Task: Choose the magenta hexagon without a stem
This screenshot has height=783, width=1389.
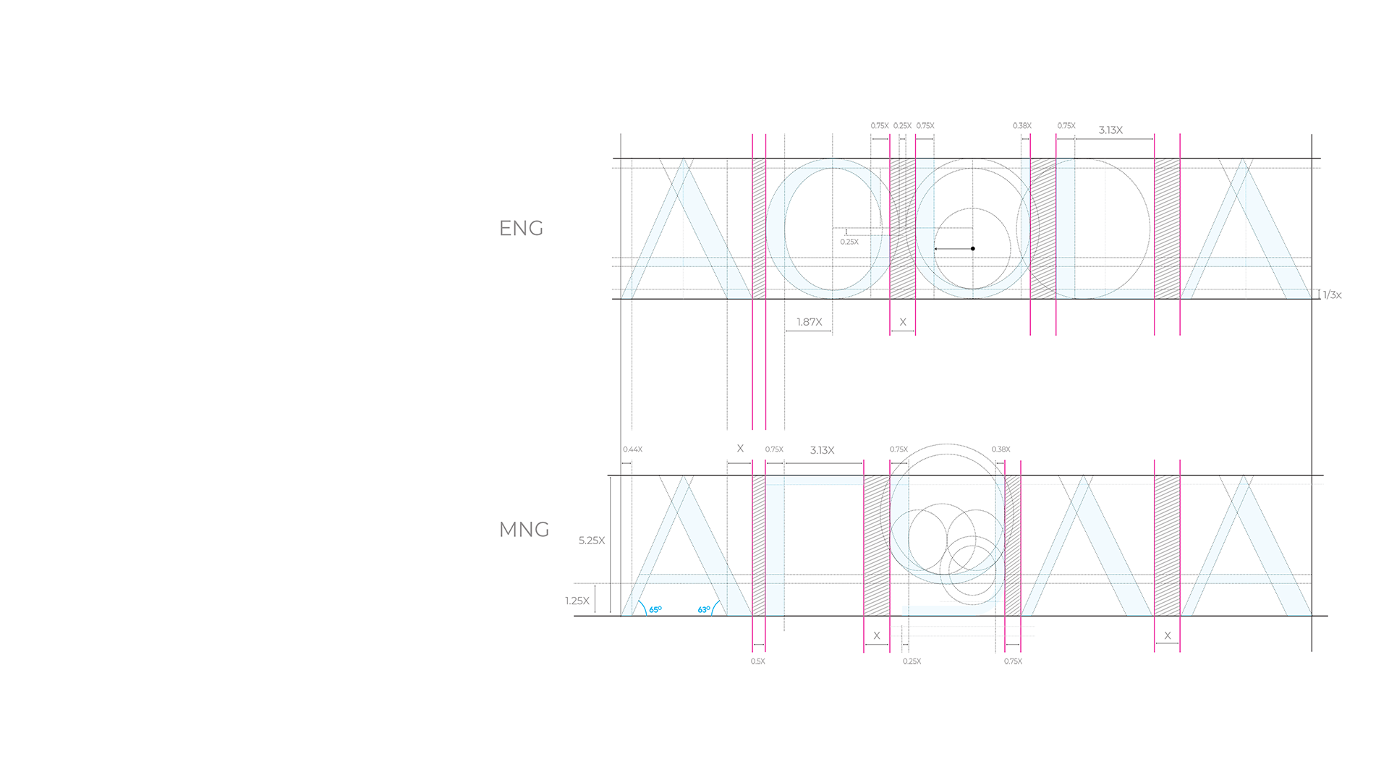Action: [x=1042, y=352]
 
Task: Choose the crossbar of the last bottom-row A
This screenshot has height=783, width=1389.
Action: [x=1248, y=585]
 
